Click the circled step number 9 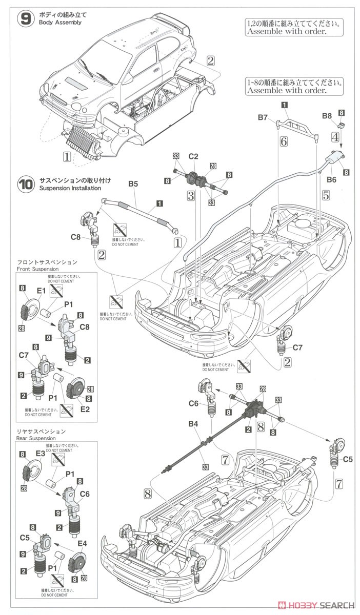pyautogui.click(x=25, y=19)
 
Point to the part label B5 pyautogui.click(x=133, y=183)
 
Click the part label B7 pyautogui.click(x=263, y=117)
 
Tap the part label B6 pyautogui.click(x=331, y=179)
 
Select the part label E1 pyautogui.click(x=41, y=291)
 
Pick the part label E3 pyautogui.click(x=41, y=454)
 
